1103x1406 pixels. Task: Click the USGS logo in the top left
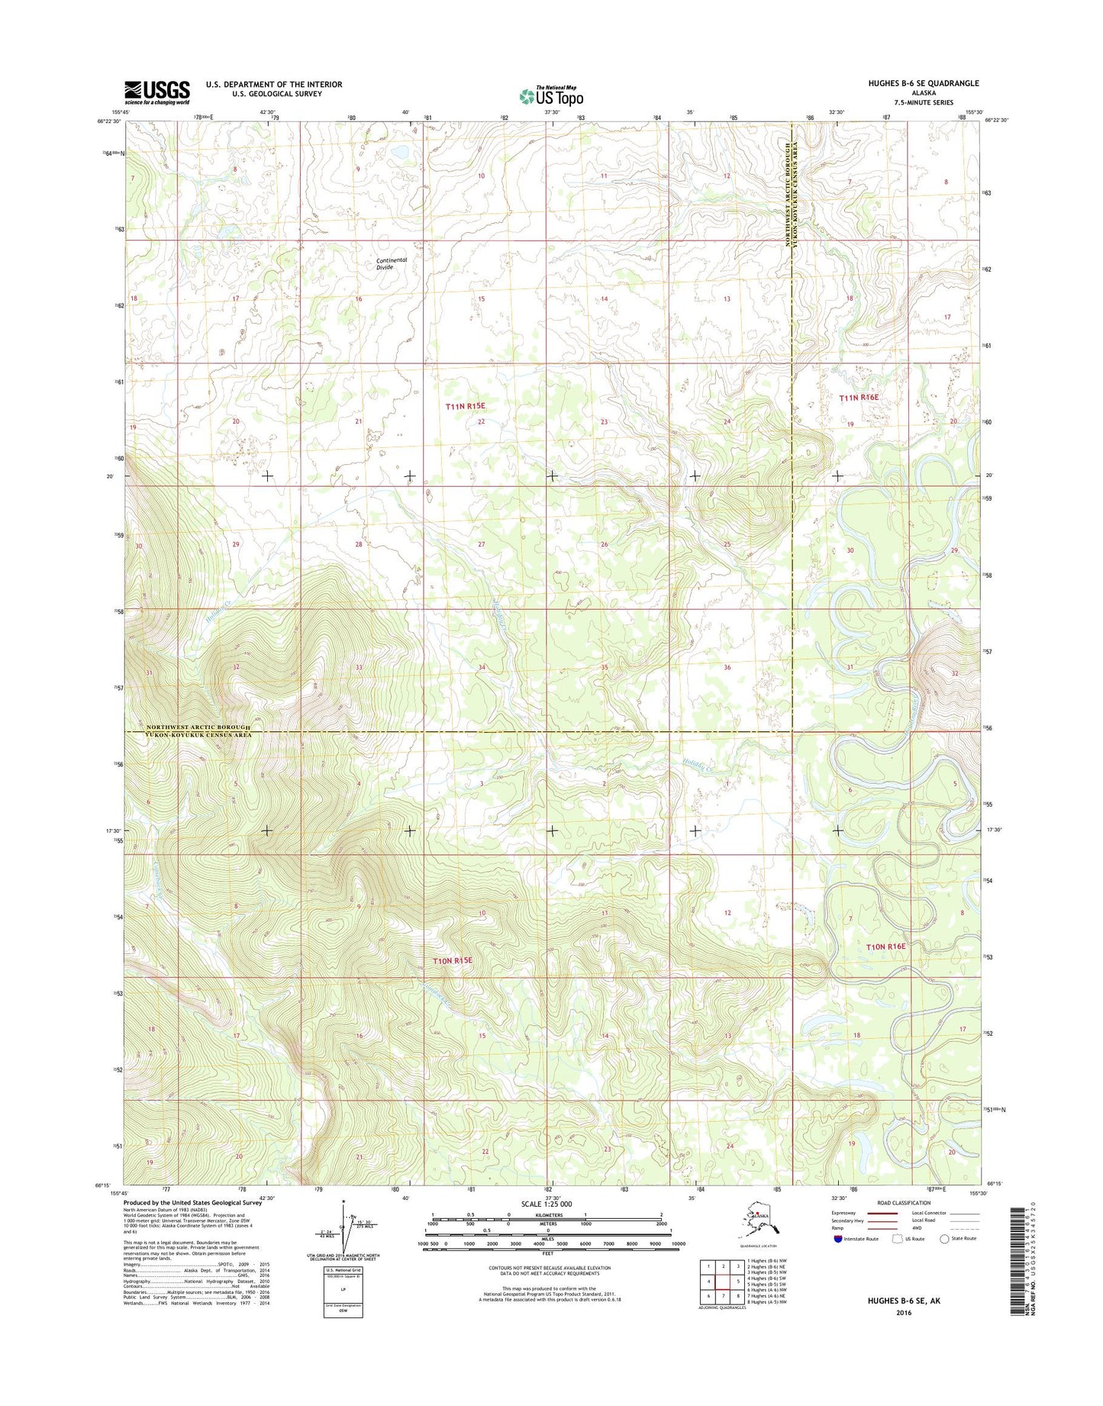157,92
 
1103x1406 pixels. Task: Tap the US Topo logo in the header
551,96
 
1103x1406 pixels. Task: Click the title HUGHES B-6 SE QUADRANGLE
923,83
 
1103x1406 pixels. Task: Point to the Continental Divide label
392,263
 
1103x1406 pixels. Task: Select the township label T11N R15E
465,407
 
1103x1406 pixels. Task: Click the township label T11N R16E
859,398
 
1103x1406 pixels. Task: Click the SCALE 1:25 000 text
547,1204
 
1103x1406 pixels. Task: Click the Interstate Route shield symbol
838,1239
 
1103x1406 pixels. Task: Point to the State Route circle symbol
945,1239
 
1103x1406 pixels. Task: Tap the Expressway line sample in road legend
885,1213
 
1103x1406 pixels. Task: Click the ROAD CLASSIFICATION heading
904,1203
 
